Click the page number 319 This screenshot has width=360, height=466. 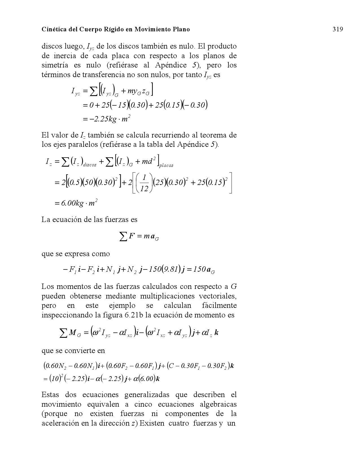(338, 29)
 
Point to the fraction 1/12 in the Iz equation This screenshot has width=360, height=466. (144, 183)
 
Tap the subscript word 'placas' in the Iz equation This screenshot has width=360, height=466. (166, 166)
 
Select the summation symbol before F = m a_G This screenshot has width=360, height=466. (123, 237)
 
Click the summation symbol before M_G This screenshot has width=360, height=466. (64, 333)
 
